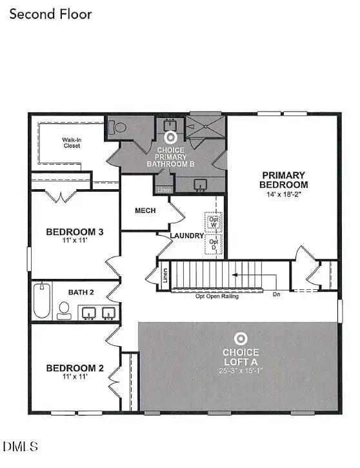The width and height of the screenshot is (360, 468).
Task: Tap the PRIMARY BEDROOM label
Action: (283, 179)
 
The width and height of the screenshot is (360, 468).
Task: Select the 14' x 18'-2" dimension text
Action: (283, 194)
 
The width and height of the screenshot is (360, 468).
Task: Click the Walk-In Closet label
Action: (72, 143)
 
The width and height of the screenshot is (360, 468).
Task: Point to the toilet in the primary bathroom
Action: (118, 128)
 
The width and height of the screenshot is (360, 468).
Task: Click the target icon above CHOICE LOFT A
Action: (241, 338)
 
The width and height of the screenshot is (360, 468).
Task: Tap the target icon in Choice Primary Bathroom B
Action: (172, 137)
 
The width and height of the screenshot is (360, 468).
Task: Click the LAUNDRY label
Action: (187, 236)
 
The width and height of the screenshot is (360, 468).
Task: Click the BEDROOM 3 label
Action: (75, 232)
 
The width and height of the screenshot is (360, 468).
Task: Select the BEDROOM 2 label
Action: (75, 369)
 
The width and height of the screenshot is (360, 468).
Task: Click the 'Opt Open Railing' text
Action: (217, 296)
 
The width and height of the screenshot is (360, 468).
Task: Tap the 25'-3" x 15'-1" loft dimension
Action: (241, 371)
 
